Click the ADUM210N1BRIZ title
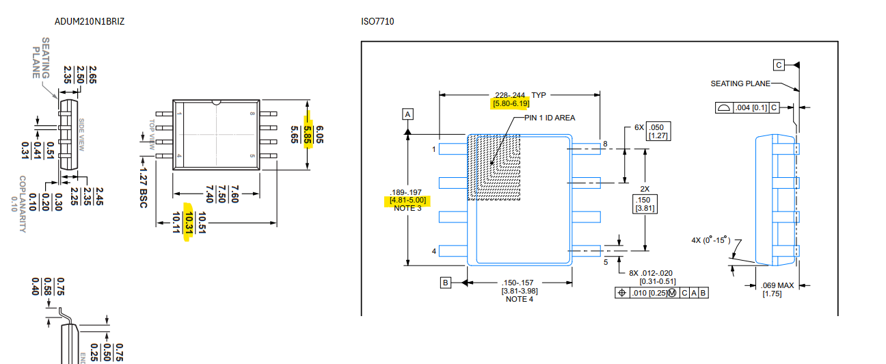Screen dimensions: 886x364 click(x=90, y=21)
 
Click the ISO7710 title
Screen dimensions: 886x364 click(x=377, y=21)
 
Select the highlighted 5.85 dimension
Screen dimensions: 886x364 click(x=308, y=135)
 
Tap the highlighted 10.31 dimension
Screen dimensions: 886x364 click(x=189, y=222)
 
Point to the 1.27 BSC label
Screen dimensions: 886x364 click(x=143, y=188)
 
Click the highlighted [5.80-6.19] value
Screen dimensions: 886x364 click(x=511, y=104)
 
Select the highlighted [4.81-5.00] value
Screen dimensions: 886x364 click(x=408, y=200)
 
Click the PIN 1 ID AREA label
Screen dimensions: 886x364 click(x=550, y=118)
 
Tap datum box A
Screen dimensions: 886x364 click(x=408, y=114)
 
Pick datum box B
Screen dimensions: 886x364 click(x=445, y=283)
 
